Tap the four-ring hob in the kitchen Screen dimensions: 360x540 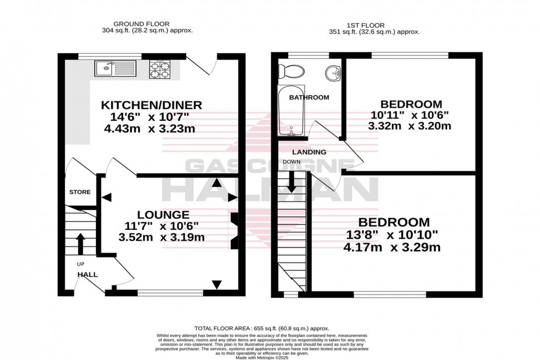pos(161,69)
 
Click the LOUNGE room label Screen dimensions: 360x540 pos(163,214)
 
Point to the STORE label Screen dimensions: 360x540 pos(80,192)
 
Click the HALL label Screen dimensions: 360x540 pos(88,274)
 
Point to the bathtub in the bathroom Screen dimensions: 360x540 pos(290,110)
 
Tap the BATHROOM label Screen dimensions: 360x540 pos(309,98)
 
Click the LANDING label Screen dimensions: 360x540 pos(309,152)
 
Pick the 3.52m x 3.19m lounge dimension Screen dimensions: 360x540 pos(163,238)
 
